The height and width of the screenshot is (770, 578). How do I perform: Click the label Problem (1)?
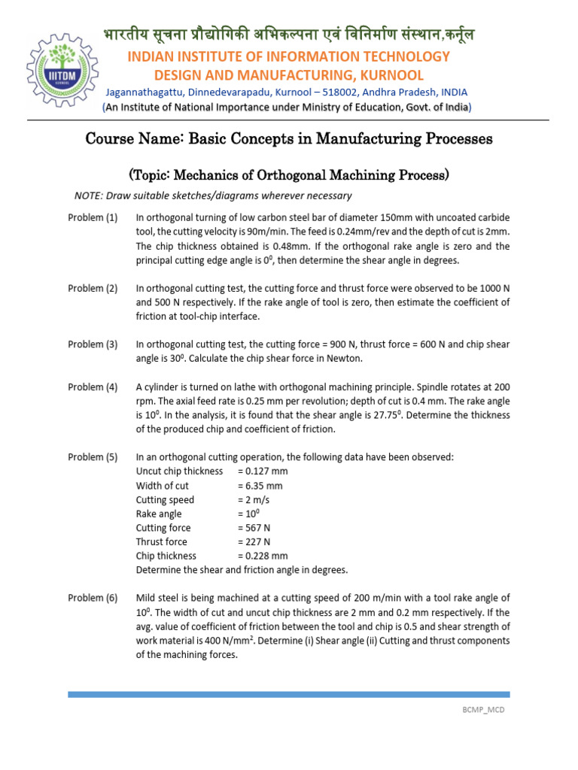[93, 218]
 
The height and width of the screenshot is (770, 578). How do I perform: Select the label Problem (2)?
[93, 288]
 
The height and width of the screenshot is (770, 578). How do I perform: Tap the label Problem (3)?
[93, 344]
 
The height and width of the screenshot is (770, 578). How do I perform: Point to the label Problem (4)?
[93, 387]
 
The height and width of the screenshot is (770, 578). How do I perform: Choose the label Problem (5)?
[93, 457]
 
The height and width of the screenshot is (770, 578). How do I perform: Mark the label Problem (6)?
[93, 599]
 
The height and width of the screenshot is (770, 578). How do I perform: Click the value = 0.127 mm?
[263, 471]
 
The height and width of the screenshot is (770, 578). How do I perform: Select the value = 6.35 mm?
[260, 486]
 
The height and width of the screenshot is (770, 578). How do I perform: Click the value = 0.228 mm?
[263, 556]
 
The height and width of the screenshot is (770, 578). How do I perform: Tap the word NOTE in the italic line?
[88, 196]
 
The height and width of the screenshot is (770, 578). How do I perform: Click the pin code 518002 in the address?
[322, 92]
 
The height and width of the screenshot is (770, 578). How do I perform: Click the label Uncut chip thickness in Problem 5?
[179, 471]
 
